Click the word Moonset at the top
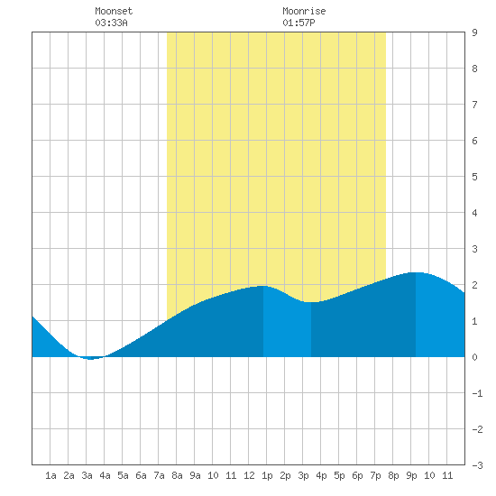click(x=114, y=11)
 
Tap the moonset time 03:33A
click(x=111, y=23)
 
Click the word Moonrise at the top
click(x=304, y=11)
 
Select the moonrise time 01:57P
click(x=299, y=23)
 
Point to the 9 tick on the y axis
click(x=474, y=32)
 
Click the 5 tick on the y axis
click(x=474, y=177)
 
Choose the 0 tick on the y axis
click(x=474, y=357)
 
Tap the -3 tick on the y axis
click(x=477, y=465)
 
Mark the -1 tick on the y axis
click(x=477, y=393)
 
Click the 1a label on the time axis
click(x=51, y=475)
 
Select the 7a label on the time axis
click(x=159, y=475)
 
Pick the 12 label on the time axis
click(x=249, y=475)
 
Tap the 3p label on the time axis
click(x=303, y=475)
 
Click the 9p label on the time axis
click(x=411, y=475)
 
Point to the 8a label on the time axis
click(x=177, y=475)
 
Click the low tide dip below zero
click(x=90, y=358)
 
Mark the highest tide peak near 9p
click(x=416, y=272)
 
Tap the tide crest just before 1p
click(x=263, y=287)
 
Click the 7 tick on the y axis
click(x=474, y=105)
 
